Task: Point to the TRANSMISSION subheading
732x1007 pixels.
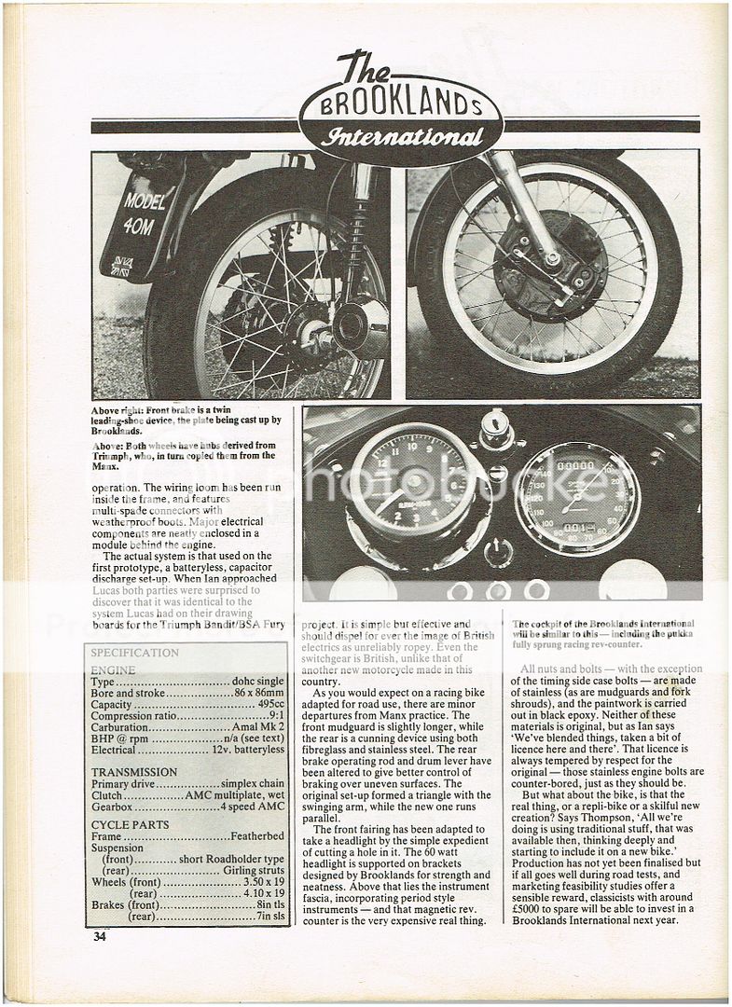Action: pyautogui.click(x=134, y=772)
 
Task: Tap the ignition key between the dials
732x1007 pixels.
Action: pyautogui.click(x=491, y=432)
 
